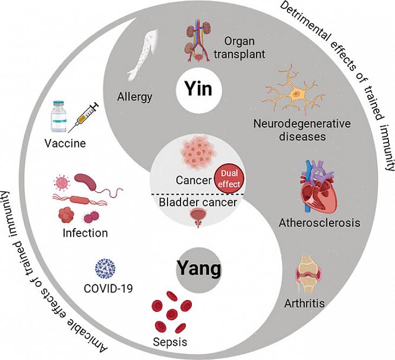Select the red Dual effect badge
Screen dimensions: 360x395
[230, 178]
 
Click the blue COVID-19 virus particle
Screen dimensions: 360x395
[106, 268]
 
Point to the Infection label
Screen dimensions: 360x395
[85, 234]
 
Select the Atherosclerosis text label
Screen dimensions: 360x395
[319, 222]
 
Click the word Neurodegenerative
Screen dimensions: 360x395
[302, 124]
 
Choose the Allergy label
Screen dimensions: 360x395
[135, 97]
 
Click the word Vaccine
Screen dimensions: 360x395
[66, 144]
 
